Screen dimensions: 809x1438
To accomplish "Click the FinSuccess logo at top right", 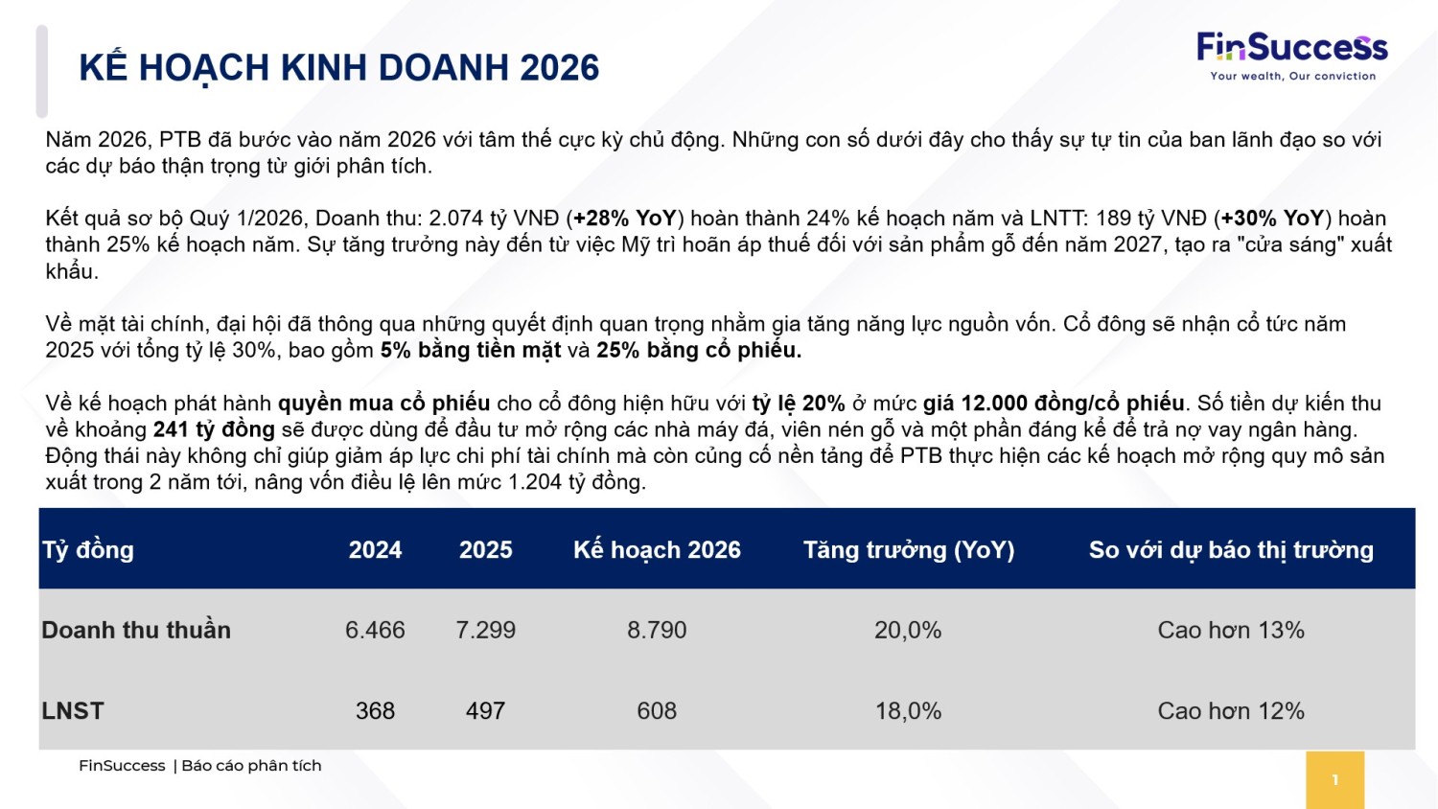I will coord(1291,56).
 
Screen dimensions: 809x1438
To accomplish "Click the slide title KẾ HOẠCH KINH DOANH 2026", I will coord(339,68).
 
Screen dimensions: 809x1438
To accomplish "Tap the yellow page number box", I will coord(1334,779).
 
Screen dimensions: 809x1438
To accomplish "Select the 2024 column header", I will coord(375,549).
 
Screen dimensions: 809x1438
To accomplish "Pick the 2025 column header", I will coord(485,549).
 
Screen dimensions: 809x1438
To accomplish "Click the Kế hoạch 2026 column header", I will coord(657,549).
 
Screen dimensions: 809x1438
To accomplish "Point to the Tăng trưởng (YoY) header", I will coord(908,549).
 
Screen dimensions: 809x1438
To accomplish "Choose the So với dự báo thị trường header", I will coord(1231,549).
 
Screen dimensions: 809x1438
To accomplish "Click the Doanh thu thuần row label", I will coord(136,630).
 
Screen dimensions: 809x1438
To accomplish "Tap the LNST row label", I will coord(73,710).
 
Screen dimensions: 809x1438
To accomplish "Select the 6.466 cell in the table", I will coord(375,630).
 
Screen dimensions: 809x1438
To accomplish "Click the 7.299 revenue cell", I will coord(485,630).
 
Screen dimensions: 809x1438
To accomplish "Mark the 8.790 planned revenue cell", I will coord(657,630).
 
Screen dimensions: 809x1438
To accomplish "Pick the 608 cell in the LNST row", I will coord(657,710).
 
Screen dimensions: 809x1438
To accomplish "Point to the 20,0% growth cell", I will coord(908,630).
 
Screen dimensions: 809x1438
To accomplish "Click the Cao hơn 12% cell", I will coord(1231,710).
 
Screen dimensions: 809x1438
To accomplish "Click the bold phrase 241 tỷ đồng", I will coord(214,429).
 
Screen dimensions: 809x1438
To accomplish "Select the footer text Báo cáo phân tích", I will coord(251,765).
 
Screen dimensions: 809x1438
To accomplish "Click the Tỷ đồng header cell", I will coord(88,549).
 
